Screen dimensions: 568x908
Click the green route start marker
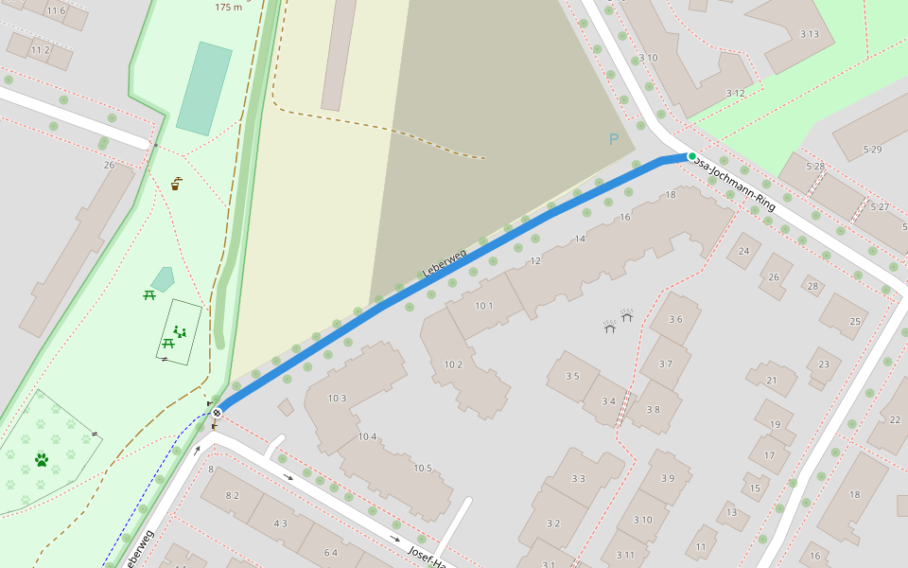pos(691,156)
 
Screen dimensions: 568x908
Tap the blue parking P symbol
pos(614,140)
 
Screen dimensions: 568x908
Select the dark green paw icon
pos(42,460)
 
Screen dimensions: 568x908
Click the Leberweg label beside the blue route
pos(445,262)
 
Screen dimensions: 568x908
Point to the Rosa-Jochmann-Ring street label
pos(735,185)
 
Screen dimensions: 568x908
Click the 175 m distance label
pos(228,8)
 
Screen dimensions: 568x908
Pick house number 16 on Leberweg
pos(625,218)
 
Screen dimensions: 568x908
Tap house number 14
pos(580,239)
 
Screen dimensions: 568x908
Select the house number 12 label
pos(535,261)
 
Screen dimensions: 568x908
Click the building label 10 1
pos(484,306)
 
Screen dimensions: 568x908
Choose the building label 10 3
pos(337,399)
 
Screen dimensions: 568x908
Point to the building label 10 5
pos(422,468)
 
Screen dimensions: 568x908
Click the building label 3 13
pos(809,35)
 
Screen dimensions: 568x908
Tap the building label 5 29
pos(871,150)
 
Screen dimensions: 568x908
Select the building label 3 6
pos(675,320)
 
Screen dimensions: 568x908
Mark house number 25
pos(855,322)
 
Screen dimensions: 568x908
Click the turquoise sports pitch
pos(203,88)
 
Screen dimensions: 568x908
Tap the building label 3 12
pos(735,93)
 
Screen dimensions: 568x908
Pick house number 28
pos(812,285)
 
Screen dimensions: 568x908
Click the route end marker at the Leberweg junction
pos(218,412)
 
